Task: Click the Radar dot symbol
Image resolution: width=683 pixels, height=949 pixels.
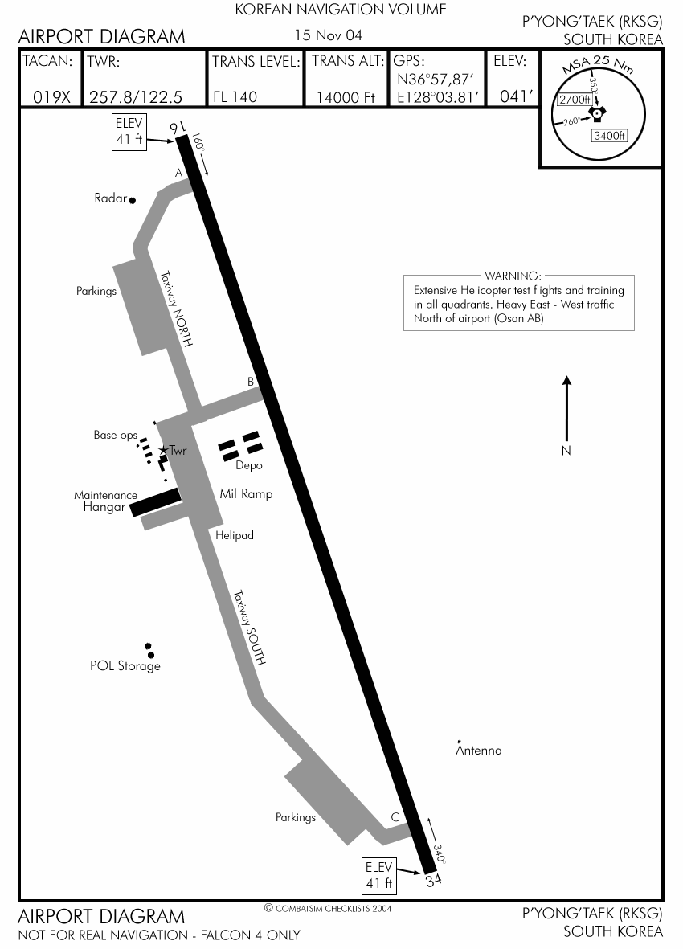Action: click(x=133, y=200)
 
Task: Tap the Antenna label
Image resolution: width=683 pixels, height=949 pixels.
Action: click(x=479, y=751)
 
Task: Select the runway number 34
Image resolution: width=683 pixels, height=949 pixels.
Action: click(x=434, y=880)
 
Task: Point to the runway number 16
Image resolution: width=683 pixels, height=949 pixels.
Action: click(x=176, y=129)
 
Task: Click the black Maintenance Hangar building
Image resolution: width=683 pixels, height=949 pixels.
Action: click(x=155, y=501)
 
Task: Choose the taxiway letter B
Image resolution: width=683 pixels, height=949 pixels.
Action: click(x=251, y=382)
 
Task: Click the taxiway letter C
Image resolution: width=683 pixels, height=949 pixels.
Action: click(x=395, y=818)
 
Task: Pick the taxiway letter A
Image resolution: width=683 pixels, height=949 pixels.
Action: click(x=179, y=173)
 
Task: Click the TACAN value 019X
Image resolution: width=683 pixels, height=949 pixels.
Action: click(x=51, y=97)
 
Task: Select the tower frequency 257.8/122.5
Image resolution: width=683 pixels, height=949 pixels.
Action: click(x=136, y=97)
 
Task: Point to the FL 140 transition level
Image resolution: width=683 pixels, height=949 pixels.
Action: click(x=235, y=97)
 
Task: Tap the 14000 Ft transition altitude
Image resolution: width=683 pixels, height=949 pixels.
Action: click(x=346, y=97)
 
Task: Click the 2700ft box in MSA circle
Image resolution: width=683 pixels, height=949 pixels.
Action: click(x=575, y=100)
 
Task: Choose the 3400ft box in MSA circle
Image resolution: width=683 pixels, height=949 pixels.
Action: click(x=609, y=135)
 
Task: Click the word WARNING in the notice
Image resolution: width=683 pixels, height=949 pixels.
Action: click(x=513, y=276)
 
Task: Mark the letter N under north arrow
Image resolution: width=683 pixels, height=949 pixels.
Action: click(x=566, y=451)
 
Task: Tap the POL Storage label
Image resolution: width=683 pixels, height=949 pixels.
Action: click(x=125, y=666)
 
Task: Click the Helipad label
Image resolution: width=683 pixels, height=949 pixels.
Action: click(x=235, y=535)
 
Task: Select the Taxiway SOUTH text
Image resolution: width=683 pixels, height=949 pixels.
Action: click(x=249, y=628)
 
